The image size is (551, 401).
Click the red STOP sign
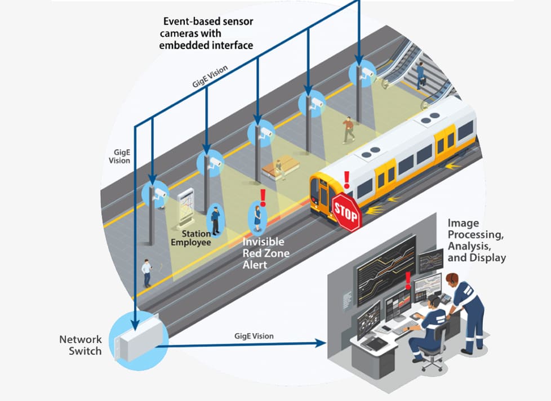(x=346, y=211)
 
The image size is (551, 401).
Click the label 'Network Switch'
(x=81, y=345)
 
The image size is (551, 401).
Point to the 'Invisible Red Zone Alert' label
(x=266, y=253)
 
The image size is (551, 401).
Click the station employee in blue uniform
(x=215, y=220)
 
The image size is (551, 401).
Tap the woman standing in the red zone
(x=257, y=217)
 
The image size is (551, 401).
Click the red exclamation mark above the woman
(x=262, y=197)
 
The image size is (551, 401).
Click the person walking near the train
(x=349, y=130)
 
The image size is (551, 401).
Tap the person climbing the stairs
(x=420, y=75)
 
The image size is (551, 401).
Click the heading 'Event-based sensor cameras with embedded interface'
(x=206, y=33)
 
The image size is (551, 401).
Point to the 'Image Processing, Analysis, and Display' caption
(x=476, y=240)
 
